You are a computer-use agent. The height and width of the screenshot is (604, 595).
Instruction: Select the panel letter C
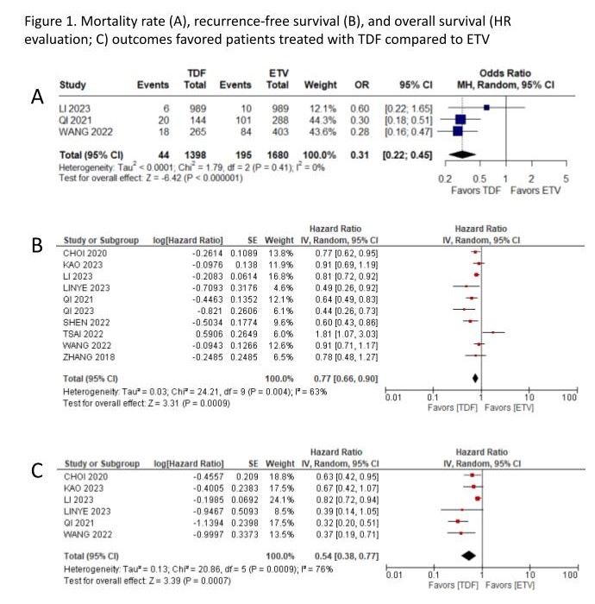coord(37,470)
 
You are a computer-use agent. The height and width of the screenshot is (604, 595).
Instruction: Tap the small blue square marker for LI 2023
coord(487,107)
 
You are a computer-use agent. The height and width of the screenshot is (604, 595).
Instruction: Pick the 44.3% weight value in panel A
coord(318,119)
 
